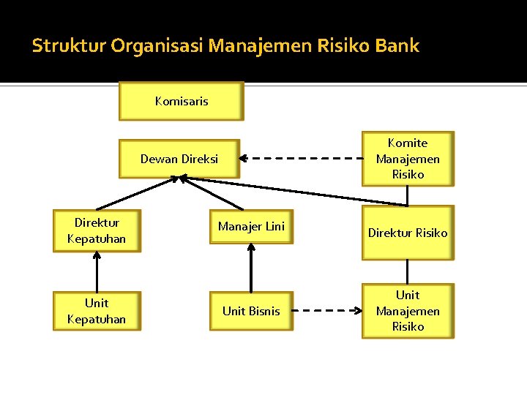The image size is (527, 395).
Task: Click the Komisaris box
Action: tap(181, 101)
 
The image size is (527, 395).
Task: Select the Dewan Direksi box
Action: tap(179, 159)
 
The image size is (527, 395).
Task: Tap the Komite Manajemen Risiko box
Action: tap(408, 159)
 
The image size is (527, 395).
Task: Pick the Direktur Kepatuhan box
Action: tap(96, 231)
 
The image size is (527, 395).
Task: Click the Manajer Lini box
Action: tap(251, 227)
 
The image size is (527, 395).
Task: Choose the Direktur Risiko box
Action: tap(408, 233)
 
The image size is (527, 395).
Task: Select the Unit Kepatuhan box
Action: tap(96, 311)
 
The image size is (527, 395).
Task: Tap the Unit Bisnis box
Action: tap(251, 311)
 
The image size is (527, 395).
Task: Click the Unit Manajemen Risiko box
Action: tap(408, 311)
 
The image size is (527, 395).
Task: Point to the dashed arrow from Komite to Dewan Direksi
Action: tap(300, 157)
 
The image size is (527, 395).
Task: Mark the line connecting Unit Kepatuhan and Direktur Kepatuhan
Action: tap(96, 272)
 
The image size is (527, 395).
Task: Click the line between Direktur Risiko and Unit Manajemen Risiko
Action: tap(408, 271)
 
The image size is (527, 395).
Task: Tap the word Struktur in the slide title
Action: tap(69, 46)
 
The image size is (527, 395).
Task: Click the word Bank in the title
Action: tap(397, 46)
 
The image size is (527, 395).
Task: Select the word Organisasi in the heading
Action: tap(157, 46)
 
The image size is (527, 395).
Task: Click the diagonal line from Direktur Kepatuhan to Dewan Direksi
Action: tap(135, 193)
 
